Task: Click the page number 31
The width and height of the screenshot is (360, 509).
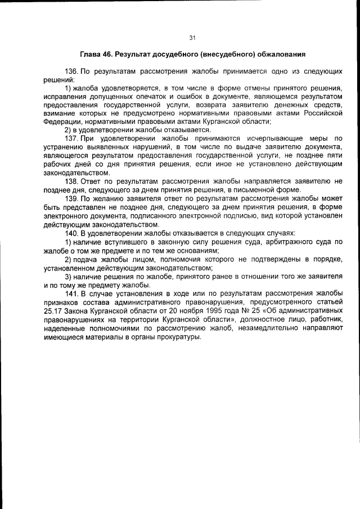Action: click(x=191, y=38)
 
